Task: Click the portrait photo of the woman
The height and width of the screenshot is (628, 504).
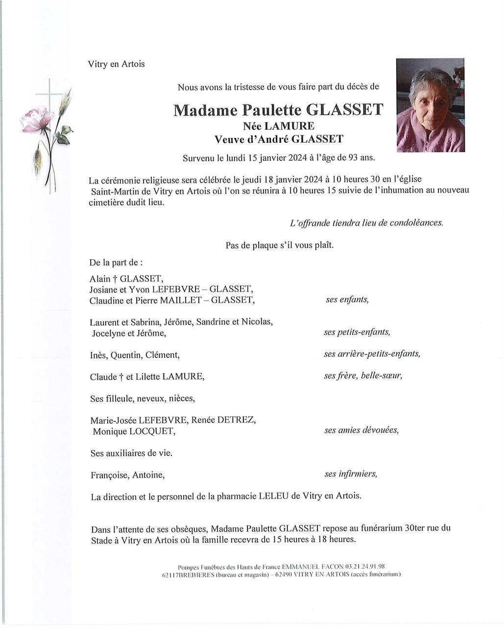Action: (430, 105)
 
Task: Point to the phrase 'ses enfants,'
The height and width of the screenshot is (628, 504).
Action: (347, 299)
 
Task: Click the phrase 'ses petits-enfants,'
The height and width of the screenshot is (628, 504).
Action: (357, 332)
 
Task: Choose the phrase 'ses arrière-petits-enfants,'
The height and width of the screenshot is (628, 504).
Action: (372, 354)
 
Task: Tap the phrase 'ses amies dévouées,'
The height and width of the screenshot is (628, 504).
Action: (361, 430)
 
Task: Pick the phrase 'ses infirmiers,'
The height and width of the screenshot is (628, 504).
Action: (351, 474)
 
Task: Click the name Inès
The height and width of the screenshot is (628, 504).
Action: (98, 355)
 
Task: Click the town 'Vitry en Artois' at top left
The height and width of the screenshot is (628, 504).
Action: (116, 64)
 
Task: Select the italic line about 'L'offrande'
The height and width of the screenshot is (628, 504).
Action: (366, 223)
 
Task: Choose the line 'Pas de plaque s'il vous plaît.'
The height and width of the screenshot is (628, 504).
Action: (279, 245)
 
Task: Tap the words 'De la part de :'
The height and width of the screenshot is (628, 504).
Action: (116, 262)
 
